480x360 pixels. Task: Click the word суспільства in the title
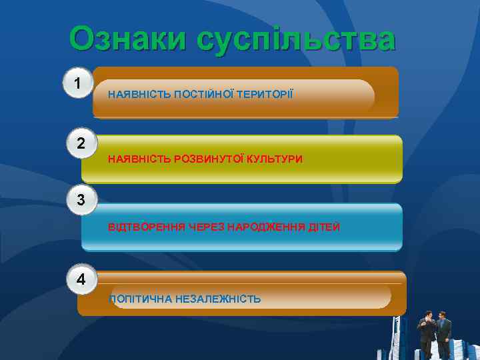pos(297,41)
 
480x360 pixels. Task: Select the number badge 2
pos(81,143)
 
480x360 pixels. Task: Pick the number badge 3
pos(81,199)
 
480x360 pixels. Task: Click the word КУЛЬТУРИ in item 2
pos(275,159)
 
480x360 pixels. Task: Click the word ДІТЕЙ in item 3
pos(324,227)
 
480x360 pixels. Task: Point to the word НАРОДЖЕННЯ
pos(266,227)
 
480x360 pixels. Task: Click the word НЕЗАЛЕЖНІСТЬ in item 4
pos(218,299)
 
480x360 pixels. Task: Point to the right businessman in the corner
pos(443,333)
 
